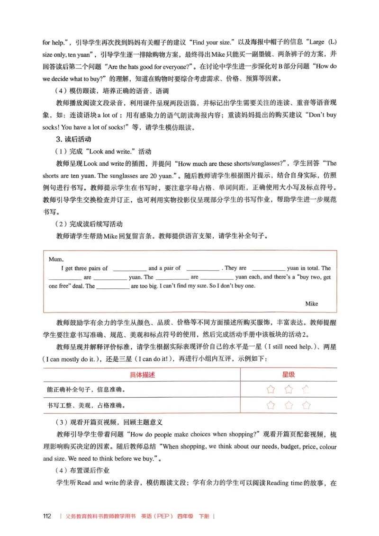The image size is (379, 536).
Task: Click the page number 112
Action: click(x=47, y=516)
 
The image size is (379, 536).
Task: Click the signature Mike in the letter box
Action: click(x=312, y=304)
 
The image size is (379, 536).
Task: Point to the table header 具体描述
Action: click(x=143, y=375)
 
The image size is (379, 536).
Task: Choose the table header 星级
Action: click(x=289, y=375)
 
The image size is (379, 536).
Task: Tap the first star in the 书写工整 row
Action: click(x=271, y=405)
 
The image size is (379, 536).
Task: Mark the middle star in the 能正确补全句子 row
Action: click(x=289, y=390)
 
